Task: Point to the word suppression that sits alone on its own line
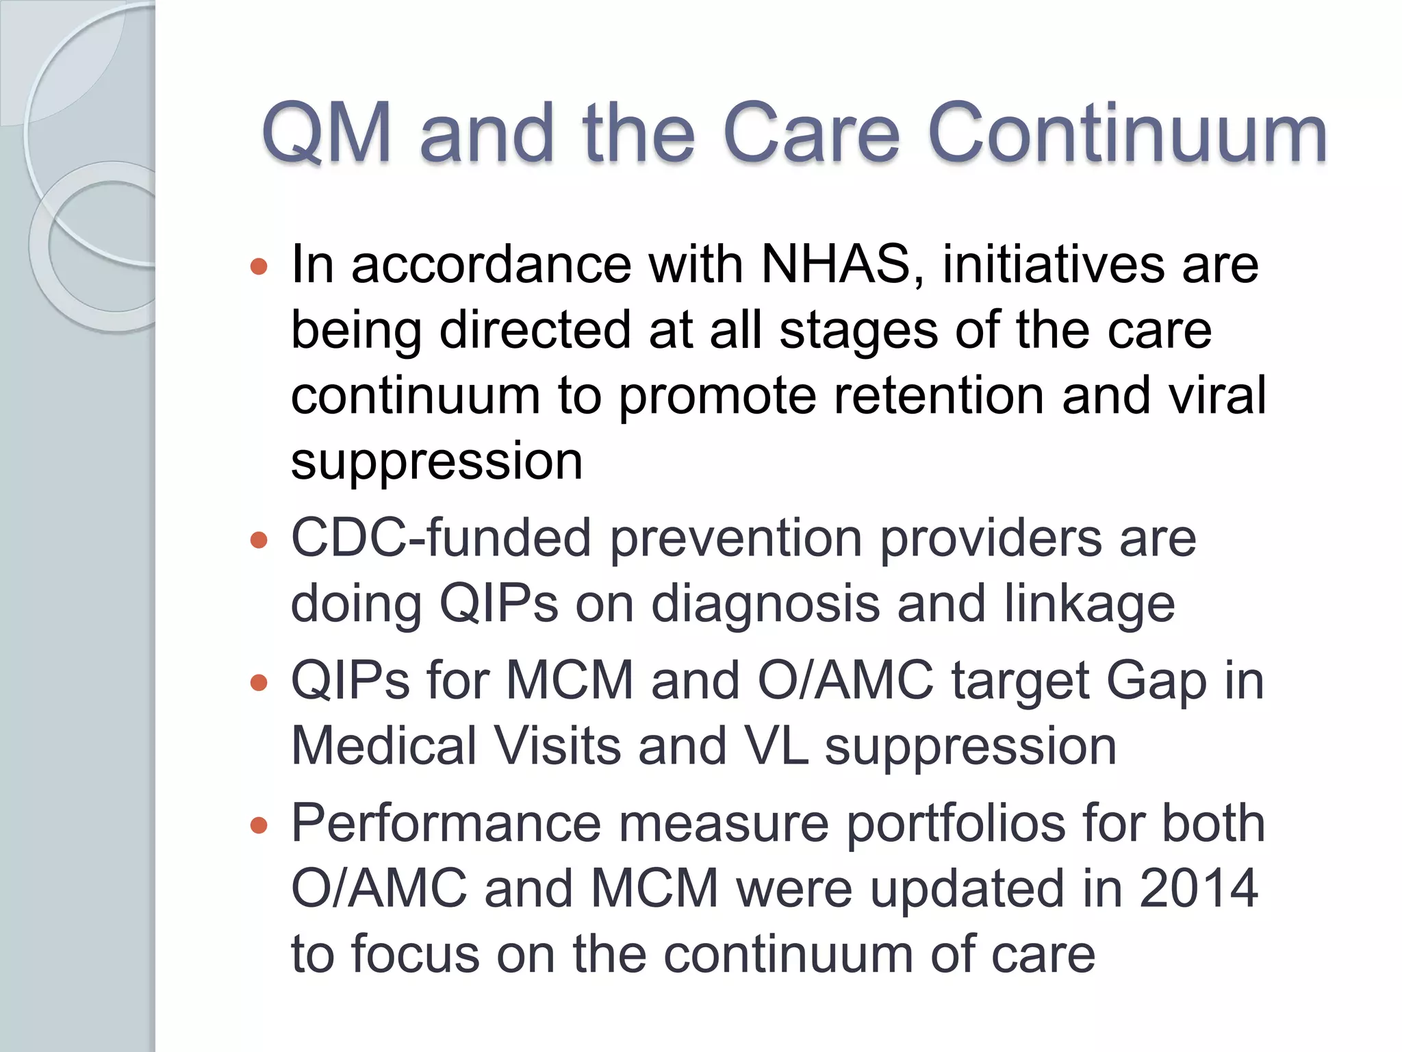(x=437, y=462)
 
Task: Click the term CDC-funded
(x=441, y=538)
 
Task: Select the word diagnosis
(x=765, y=604)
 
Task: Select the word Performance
(x=446, y=823)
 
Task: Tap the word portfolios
(x=956, y=823)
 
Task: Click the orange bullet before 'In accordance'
(x=259, y=266)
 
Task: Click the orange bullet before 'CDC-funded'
(x=259, y=540)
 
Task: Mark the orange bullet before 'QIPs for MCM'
(x=259, y=683)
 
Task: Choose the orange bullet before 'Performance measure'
(x=259, y=825)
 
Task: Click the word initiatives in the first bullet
(x=1053, y=264)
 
